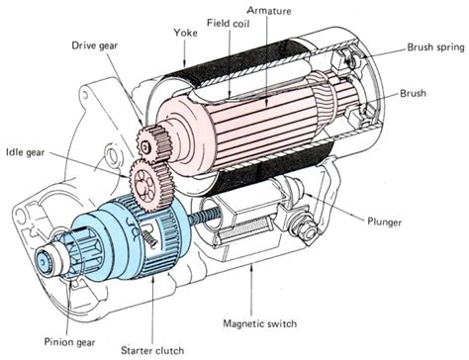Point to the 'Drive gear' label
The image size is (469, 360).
(97, 45)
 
